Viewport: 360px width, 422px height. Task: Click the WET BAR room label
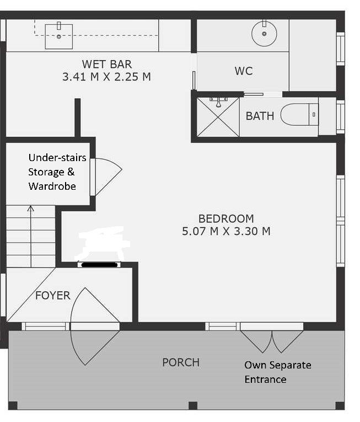pyautogui.click(x=107, y=65)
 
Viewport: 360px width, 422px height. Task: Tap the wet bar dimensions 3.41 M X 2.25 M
pyautogui.click(x=106, y=77)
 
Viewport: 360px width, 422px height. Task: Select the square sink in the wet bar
pyautogui.click(x=58, y=36)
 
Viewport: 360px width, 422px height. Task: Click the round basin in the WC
pyautogui.click(x=264, y=34)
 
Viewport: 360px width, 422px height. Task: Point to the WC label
pyautogui.click(x=244, y=71)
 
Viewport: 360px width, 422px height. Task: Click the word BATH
pyautogui.click(x=260, y=116)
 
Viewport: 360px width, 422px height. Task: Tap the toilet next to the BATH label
pyautogui.click(x=299, y=114)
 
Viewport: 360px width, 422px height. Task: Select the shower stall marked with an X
pyautogui.click(x=218, y=117)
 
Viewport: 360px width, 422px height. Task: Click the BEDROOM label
pyautogui.click(x=226, y=218)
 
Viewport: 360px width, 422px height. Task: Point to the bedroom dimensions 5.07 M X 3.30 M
pyautogui.click(x=226, y=231)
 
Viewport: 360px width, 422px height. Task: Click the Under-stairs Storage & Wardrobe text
pyautogui.click(x=57, y=172)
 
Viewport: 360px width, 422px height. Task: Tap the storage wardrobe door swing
pyautogui.click(x=108, y=177)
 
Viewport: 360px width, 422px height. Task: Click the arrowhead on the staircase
pyautogui.click(x=31, y=209)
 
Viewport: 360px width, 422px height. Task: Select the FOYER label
pyautogui.click(x=53, y=296)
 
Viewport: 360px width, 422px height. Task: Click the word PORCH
pyautogui.click(x=181, y=362)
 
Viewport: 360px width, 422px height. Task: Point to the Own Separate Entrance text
pyautogui.click(x=278, y=372)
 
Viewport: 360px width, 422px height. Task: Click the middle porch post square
pyautogui.click(x=193, y=405)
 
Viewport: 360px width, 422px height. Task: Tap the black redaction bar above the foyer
pyautogui.click(x=99, y=265)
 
